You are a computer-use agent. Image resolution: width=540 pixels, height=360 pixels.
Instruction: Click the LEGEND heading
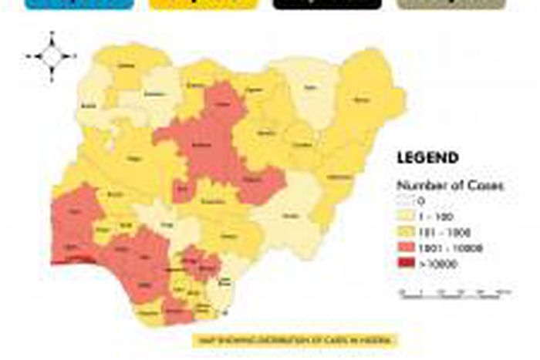[427, 158]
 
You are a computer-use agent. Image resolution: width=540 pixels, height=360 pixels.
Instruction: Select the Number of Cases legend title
[439, 185]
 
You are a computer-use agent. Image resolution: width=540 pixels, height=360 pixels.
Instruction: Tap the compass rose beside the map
[52, 56]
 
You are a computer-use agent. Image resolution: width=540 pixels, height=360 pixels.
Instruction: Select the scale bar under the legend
[455, 293]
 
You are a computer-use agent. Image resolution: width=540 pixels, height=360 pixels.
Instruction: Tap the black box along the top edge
[327, 4]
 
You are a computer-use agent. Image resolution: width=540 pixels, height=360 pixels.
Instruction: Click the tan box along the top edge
[451, 4]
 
